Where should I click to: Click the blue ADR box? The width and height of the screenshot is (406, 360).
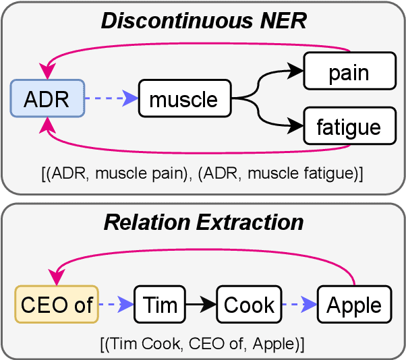point(47,99)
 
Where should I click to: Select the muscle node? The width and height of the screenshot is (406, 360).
point(183,100)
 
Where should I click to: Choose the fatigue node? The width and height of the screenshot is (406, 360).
point(348,127)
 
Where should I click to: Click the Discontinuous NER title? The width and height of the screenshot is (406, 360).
point(203,21)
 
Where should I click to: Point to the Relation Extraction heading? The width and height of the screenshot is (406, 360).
point(203,222)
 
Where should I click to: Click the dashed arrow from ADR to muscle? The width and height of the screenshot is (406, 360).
point(111,100)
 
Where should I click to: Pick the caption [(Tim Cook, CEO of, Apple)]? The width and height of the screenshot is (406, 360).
point(203,344)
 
